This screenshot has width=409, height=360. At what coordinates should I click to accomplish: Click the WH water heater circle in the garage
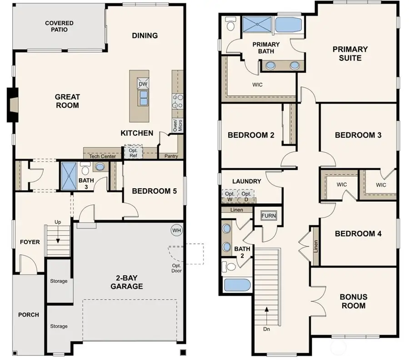176,230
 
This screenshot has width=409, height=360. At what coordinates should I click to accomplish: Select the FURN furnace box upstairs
268,215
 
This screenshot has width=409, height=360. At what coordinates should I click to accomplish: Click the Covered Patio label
59,26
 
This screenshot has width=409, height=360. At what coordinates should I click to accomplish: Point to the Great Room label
67,101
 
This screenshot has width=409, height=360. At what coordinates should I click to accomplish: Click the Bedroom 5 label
154,191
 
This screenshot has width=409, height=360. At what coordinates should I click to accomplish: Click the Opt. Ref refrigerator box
134,152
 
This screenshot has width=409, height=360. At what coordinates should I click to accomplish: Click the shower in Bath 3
70,176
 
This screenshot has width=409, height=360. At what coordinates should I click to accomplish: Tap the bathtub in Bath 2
237,285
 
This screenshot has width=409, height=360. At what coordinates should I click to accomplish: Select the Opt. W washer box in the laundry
229,196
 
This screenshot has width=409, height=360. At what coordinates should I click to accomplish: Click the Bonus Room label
353,301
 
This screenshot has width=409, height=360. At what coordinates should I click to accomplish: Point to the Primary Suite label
350,53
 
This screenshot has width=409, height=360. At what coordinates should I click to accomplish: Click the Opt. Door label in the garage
176,269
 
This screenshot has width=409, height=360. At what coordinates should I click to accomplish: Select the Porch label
28,315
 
